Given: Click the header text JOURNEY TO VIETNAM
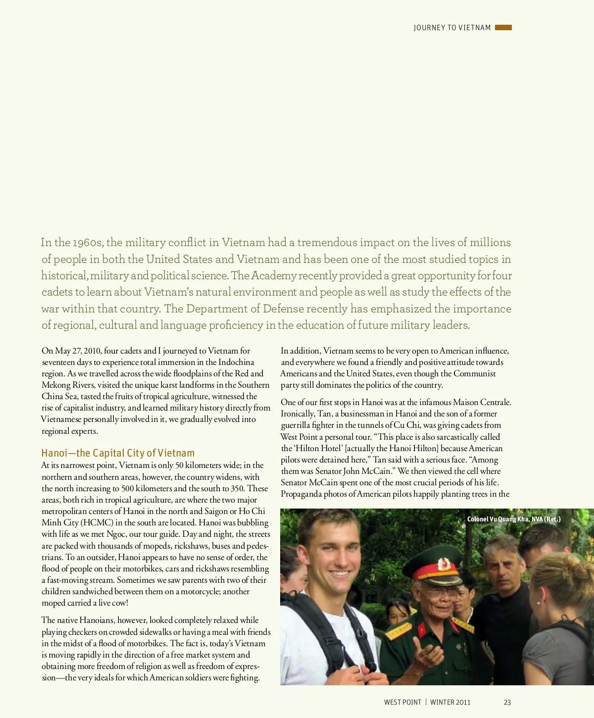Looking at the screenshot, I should click(x=452, y=28).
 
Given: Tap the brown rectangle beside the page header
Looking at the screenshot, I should click(x=503, y=28).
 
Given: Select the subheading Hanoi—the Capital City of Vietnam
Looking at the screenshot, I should click(x=118, y=453).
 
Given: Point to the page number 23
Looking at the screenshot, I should click(x=507, y=702).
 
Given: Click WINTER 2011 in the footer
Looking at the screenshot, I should click(x=450, y=702).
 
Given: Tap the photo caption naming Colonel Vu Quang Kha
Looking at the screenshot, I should click(x=514, y=519).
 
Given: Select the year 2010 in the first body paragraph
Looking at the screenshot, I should click(x=93, y=351).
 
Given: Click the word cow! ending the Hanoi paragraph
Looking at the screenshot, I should click(x=120, y=603).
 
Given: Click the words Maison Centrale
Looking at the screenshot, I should click(x=482, y=403).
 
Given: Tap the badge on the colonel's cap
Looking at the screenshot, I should click(x=444, y=564).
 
